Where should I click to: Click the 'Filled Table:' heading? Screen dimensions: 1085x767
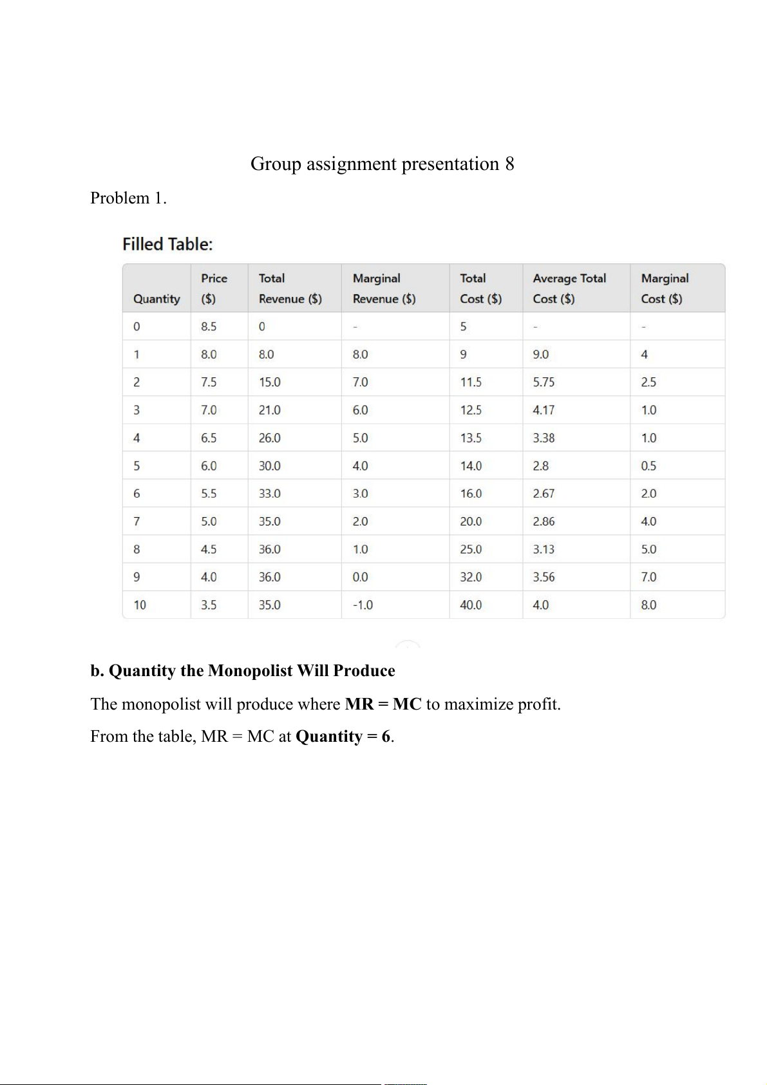coord(167,244)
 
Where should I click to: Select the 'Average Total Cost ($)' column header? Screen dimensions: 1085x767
coord(569,288)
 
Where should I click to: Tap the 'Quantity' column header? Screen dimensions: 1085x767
coord(156,299)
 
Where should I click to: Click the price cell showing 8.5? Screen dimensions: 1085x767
coord(209,326)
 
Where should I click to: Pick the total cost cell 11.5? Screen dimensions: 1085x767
coord(471,382)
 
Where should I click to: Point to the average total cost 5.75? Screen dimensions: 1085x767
coord(544,382)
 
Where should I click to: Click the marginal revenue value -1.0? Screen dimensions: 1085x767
coord(363,605)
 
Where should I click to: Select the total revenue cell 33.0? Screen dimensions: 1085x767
coord(270,494)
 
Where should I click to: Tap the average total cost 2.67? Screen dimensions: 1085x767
coord(544,494)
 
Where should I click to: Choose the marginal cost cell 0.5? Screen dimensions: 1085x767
coord(649,466)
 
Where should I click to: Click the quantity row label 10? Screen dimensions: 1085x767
coord(140,605)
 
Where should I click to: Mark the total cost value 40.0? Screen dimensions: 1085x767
coord(471,605)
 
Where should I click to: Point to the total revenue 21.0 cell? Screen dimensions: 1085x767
coord(270,410)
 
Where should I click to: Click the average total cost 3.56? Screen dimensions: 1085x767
coord(544,578)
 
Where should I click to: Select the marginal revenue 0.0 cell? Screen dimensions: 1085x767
coord(360,578)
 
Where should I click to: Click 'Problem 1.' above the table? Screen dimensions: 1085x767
coord(128,198)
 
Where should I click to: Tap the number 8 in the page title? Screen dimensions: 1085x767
coord(509,164)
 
